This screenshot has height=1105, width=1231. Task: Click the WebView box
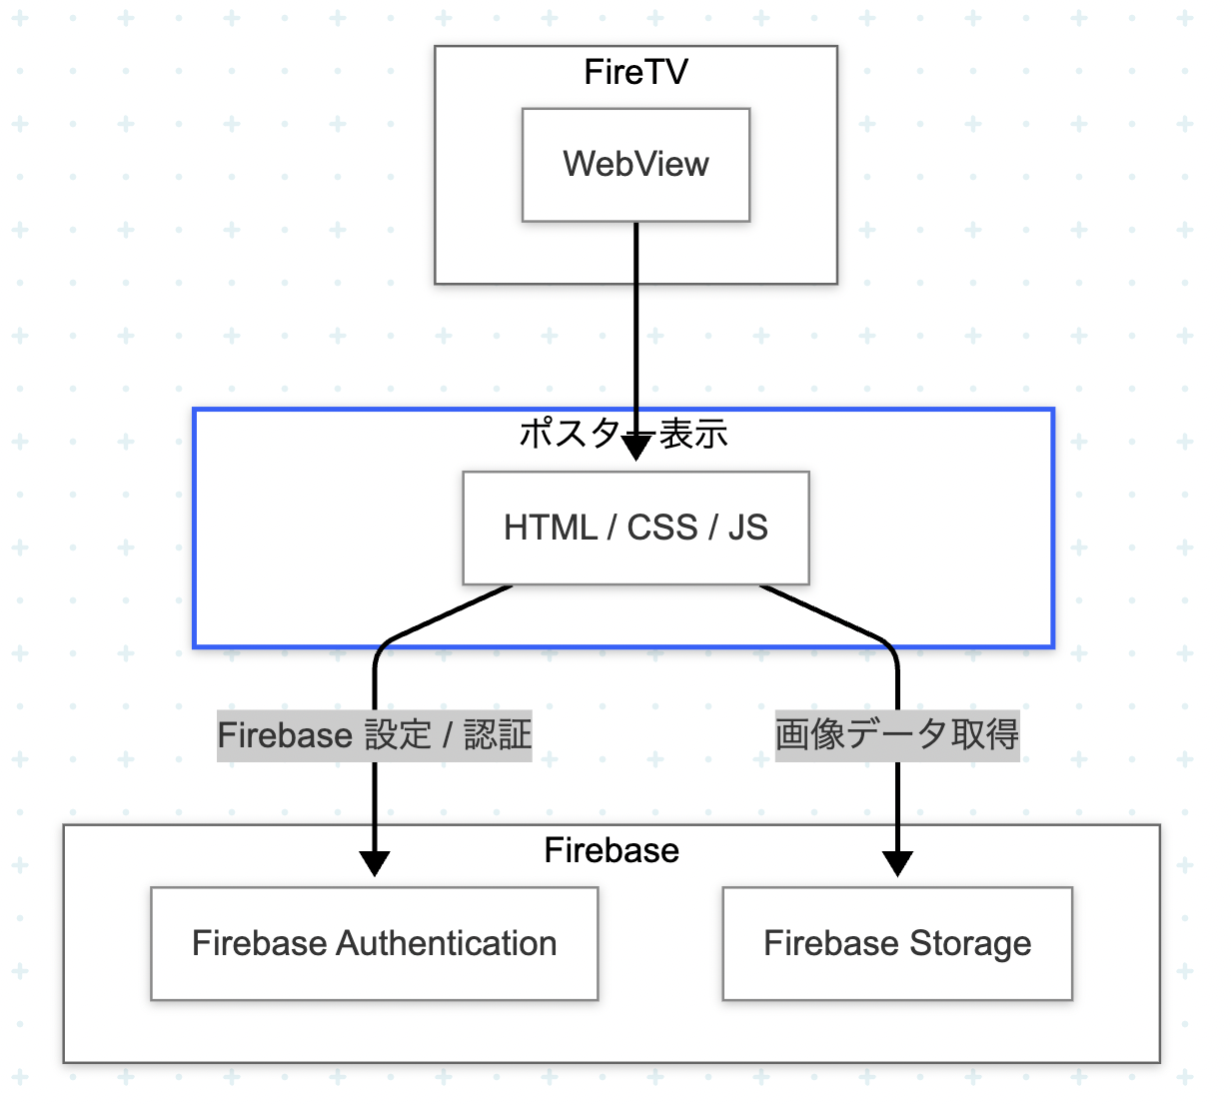[x=635, y=165]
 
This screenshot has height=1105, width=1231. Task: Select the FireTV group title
[x=635, y=72]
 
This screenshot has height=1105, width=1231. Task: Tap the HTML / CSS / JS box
[x=635, y=528]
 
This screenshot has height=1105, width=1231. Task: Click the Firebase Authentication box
[x=375, y=943]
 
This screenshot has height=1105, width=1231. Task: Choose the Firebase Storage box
[x=897, y=943]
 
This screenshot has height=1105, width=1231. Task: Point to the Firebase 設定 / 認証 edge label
[x=375, y=735]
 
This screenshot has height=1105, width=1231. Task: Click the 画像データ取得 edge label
[x=897, y=735]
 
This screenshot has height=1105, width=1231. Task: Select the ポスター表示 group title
[x=623, y=434]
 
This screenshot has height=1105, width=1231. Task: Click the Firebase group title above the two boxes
[x=612, y=850]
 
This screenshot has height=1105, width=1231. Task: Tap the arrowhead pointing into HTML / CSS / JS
[x=635, y=448]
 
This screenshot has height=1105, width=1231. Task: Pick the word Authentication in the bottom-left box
[x=447, y=943]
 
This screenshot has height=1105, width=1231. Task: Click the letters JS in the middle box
[x=748, y=528]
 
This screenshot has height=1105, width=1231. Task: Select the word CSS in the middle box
[x=662, y=528]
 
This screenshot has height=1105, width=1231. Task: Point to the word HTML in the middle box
[x=551, y=528]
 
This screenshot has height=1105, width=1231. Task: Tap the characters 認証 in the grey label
[x=498, y=735]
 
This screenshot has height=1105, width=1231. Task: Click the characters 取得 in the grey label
[x=985, y=735]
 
